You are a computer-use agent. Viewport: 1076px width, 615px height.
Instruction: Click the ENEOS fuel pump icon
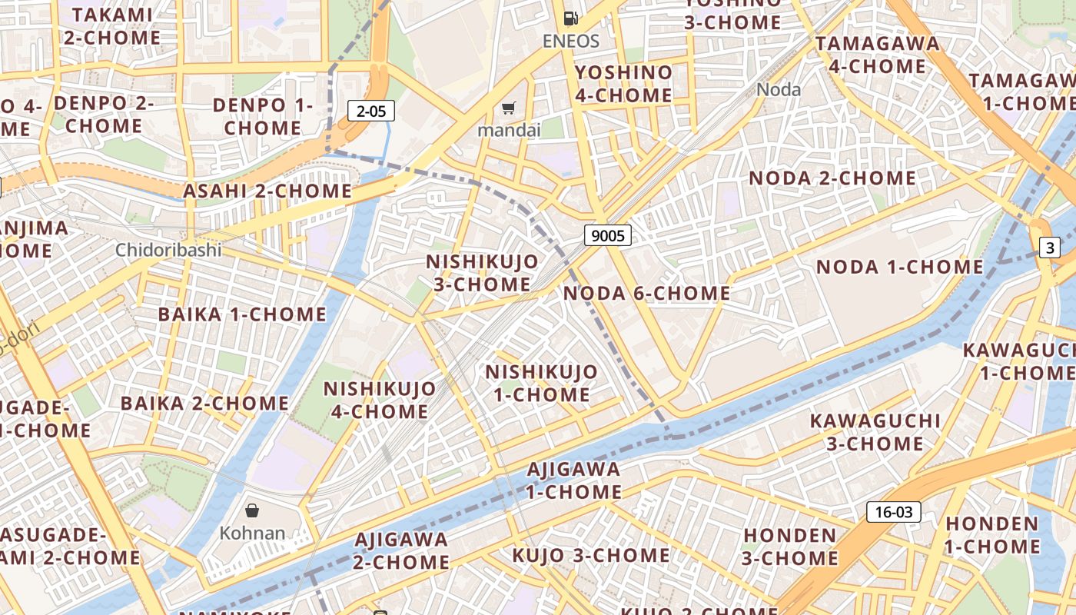coord(570,18)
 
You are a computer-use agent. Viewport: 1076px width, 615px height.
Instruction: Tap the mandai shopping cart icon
coord(508,108)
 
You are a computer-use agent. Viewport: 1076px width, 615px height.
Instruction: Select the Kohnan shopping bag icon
coord(252,510)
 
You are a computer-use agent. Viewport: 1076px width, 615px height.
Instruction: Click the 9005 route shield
coord(608,235)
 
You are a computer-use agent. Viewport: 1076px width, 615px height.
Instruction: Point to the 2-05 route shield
coord(371,111)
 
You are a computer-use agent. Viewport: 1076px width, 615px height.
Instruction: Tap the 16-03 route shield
coord(893,512)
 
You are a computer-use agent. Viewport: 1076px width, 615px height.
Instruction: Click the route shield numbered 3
coord(1050,248)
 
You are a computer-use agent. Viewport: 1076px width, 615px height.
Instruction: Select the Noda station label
coord(779,89)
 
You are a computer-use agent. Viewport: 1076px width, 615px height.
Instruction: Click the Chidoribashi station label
coord(168,250)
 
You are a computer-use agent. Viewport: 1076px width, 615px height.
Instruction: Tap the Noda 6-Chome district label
coord(646,293)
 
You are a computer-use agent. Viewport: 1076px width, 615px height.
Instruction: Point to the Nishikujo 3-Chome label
coord(482,273)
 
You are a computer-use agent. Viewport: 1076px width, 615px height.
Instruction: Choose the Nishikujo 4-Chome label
coord(379,400)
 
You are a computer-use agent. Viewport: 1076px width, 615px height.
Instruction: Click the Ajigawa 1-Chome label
coord(573,480)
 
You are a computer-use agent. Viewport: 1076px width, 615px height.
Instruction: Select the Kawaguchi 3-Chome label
coord(875,432)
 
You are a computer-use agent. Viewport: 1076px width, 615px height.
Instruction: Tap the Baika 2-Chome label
coord(204,403)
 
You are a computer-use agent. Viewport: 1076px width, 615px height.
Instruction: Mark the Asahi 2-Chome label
coord(267,191)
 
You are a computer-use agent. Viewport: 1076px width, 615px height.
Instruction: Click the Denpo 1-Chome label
coord(263,116)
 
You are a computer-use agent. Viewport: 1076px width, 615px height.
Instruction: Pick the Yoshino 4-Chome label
coord(623,84)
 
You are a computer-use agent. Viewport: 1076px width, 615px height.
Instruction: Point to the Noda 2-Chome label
coord(832,178)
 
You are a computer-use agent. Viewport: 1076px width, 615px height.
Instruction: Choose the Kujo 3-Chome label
coord(591,554)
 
